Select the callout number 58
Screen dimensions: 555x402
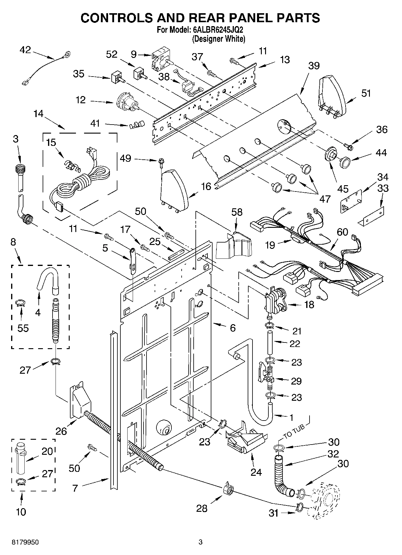[237, 212]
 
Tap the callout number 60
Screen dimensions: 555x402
[342, 232]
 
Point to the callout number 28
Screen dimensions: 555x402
[202, 508]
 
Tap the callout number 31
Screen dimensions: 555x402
[274, 513]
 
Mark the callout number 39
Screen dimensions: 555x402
[314, 65]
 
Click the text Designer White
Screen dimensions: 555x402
[219, 39]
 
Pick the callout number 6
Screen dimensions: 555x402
[233, 328]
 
